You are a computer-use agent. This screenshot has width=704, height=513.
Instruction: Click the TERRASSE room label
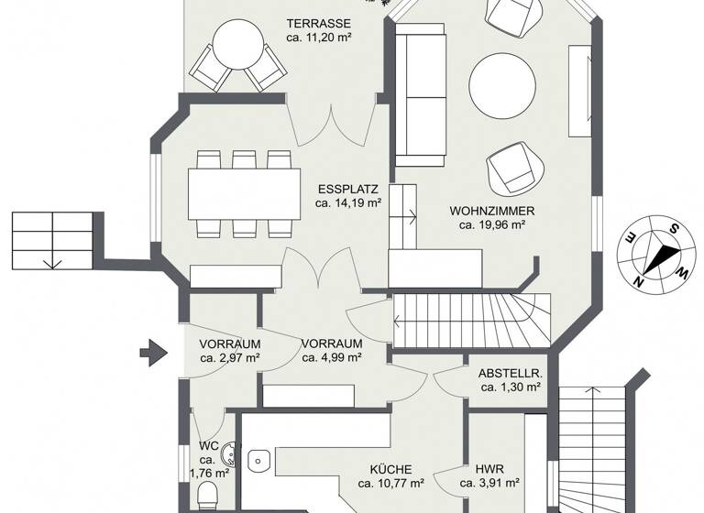(x=319, y=23)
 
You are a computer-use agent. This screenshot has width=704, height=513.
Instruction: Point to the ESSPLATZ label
(x=347, y=190)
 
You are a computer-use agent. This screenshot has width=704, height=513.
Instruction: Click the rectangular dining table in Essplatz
(x=244, y=194)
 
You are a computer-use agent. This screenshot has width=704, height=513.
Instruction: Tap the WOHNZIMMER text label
(x=491, y=211)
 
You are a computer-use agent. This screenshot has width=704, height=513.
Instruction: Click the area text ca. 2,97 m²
(x=229, y=358)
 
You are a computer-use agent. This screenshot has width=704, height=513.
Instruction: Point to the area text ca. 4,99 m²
(x=333, y=358)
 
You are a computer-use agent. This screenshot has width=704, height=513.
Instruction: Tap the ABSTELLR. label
(x=511, y=374)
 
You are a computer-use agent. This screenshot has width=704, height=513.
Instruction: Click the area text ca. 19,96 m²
(x=491, y=224)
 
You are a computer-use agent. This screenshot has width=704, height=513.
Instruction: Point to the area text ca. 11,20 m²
(x=319, y=38)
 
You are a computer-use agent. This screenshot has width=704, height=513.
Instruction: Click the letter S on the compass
(x=673, y=229)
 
